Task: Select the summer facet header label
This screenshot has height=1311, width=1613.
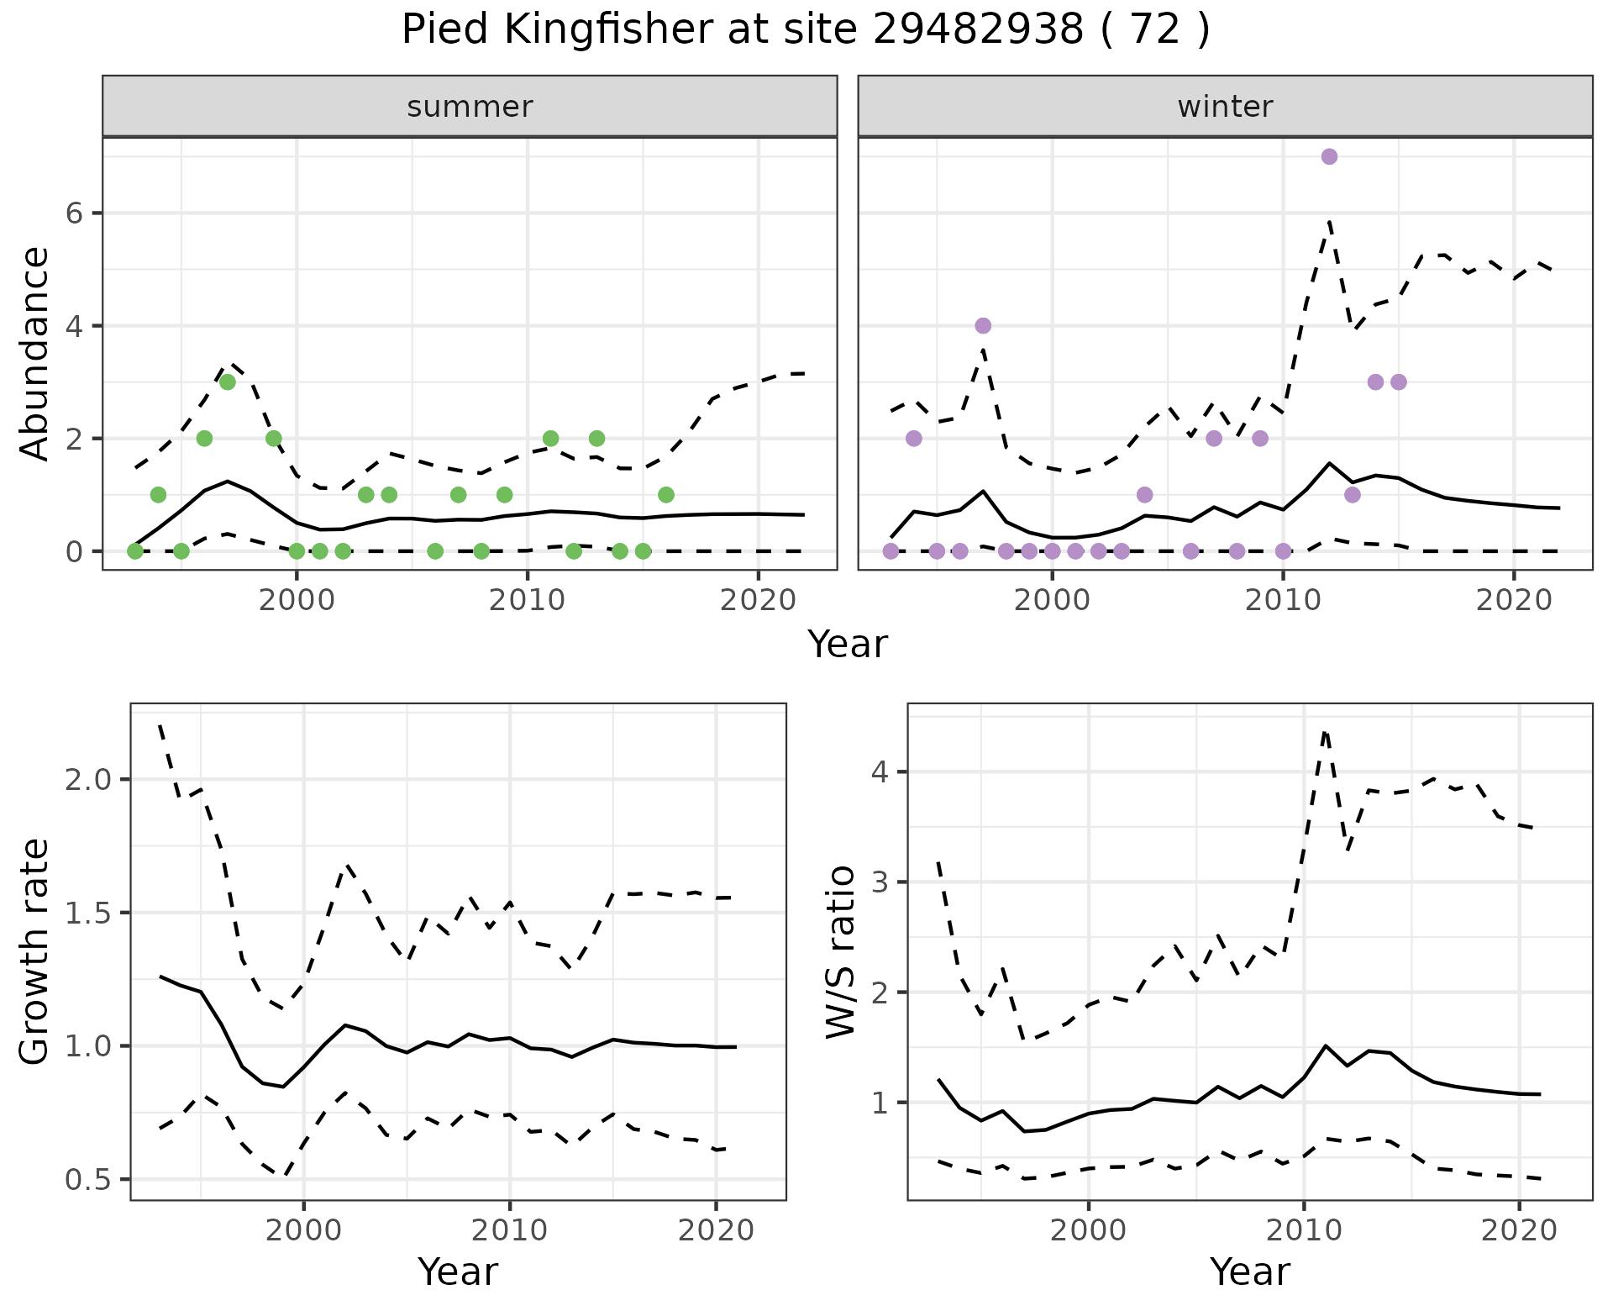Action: pyautogui.click(x=470, y=107)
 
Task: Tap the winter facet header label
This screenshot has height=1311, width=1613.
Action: pyautogui.click(x=1225, y=107)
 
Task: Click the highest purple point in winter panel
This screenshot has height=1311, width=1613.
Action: pyautogui.click(x=1329, y=156)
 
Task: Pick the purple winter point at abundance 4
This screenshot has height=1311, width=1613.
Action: pyautogui.click(x=983, y=325)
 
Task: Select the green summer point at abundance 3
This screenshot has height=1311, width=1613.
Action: pyautogui.click(x=227, y=382)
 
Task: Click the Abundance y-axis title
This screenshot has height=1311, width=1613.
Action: pyautogui.click(x=35, y=353)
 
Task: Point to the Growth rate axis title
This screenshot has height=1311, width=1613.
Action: pyautogui.click(x=35, y=951)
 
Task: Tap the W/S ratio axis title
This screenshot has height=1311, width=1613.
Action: pyautogui.click(x=840, y=951)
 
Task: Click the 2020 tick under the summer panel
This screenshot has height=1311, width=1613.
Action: pyautogui.click(x=758, y=601)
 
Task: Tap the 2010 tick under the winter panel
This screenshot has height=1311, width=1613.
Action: pyautogui.click(x=1282, y=601)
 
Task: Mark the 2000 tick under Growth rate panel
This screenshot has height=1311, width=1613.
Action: pyautogui.click(x=304, y=1230)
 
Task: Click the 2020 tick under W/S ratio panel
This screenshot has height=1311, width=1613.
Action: pyautogui.click(x=1519, y=1230)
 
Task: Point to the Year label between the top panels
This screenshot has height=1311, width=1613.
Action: pyautogui.click(x=847, y=645)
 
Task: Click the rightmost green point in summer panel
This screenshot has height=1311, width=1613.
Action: pyautogui.click(x=666, y=494)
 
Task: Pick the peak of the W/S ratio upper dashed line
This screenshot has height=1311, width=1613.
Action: pyautogui.click(x=1325, y=731)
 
